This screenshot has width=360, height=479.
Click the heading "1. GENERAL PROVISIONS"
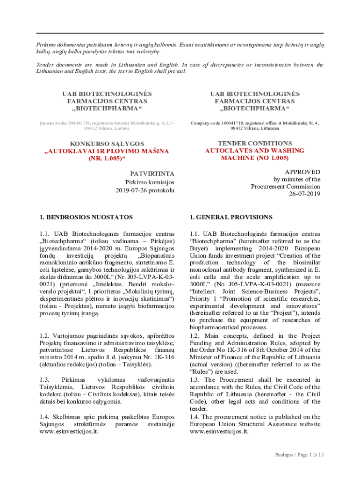[231, 217]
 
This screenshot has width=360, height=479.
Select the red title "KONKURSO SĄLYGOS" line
[107, 144]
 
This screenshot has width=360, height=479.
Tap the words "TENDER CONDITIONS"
[255, 143]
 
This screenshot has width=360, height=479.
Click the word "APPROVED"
[302, 172]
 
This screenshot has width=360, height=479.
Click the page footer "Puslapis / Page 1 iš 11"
[299, 455]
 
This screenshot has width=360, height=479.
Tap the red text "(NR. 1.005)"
[107, 159]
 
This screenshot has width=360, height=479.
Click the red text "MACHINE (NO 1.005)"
[255, 158]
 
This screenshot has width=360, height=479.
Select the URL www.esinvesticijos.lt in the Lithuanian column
[67, 431]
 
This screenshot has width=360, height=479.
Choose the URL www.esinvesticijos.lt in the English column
[219, 431]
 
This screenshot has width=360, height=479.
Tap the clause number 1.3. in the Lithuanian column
[45, 380]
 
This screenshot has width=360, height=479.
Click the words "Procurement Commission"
[286, 187]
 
